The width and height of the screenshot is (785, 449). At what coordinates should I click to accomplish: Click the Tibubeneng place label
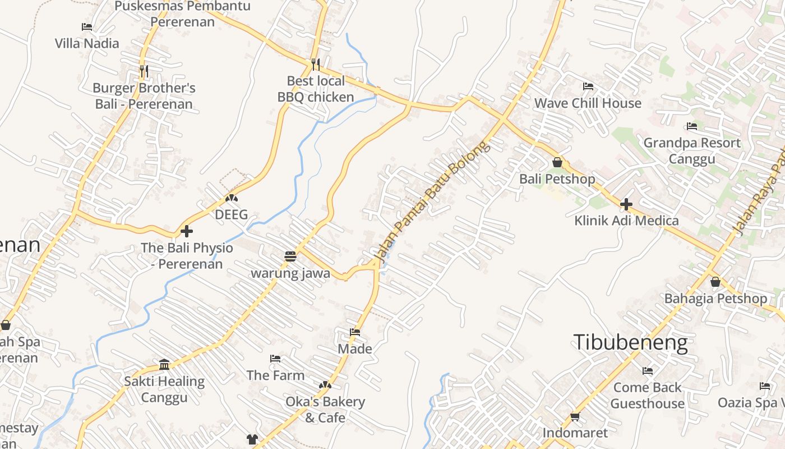coord(630,342)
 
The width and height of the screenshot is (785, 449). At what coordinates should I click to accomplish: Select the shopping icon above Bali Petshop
coord(557,162)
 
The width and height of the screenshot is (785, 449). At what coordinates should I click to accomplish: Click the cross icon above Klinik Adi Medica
coord(626,204)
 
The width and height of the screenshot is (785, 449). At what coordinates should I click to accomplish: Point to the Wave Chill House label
coord(588,103)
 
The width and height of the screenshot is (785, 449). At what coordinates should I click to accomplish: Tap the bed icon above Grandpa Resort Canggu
coord(692,126)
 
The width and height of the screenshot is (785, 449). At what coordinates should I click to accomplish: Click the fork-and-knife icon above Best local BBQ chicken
coord(316,64)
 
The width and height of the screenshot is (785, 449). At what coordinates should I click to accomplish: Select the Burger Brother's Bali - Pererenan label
coord(144,96)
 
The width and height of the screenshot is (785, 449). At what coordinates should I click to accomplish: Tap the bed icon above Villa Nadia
coord(87,26)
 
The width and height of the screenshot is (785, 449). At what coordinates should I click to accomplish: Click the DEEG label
coord(231,214)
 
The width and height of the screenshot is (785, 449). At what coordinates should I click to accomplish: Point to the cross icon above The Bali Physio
coord(187,231)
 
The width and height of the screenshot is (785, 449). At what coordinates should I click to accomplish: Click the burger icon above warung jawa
coord(290,257)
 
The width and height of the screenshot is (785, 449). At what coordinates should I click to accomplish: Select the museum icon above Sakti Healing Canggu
coord(164,365)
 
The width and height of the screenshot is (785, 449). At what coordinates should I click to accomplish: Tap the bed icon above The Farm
coord(275,359)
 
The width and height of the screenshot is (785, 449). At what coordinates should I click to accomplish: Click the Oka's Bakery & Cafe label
coord(325,410)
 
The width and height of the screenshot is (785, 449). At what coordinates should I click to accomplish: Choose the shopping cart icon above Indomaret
coord(575,416)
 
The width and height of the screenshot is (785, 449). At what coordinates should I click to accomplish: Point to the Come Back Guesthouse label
coord(647,395)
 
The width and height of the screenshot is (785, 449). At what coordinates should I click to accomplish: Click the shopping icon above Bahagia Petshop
coord(715,282)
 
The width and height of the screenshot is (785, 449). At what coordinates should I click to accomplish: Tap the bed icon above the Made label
coord(355,332)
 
